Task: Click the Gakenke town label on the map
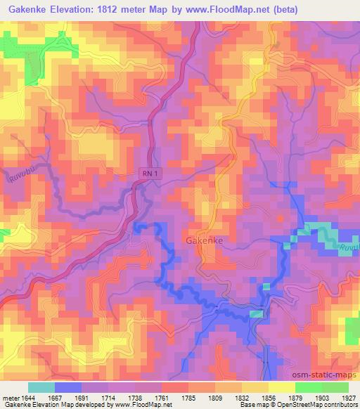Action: (205, 240)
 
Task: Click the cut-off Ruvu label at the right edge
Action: (351, 247)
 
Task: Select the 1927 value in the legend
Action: (349, 397)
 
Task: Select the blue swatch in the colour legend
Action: (67, 387)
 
